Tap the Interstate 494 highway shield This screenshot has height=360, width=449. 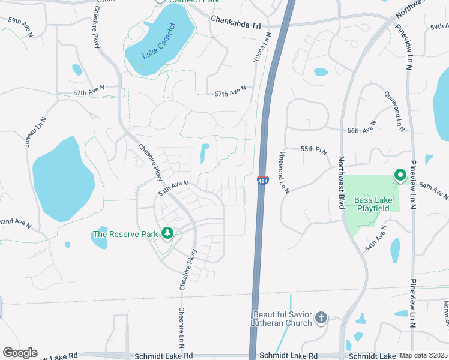coord(263,180)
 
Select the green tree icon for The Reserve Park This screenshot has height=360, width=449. coord(168,233)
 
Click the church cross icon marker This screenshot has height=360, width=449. coord(321,317)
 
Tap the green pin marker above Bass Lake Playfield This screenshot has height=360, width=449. coord(400,175)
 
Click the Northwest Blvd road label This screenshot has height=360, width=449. coord(341,182)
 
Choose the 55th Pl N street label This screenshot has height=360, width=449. coord(314,149)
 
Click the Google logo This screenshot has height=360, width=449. coord(20,353)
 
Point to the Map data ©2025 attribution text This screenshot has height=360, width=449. coord(424,355)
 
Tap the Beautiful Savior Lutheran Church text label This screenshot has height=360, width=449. coord(282,319)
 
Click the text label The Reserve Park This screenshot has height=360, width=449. coord(125,234)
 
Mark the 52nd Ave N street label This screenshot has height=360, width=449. coord(15,222)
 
